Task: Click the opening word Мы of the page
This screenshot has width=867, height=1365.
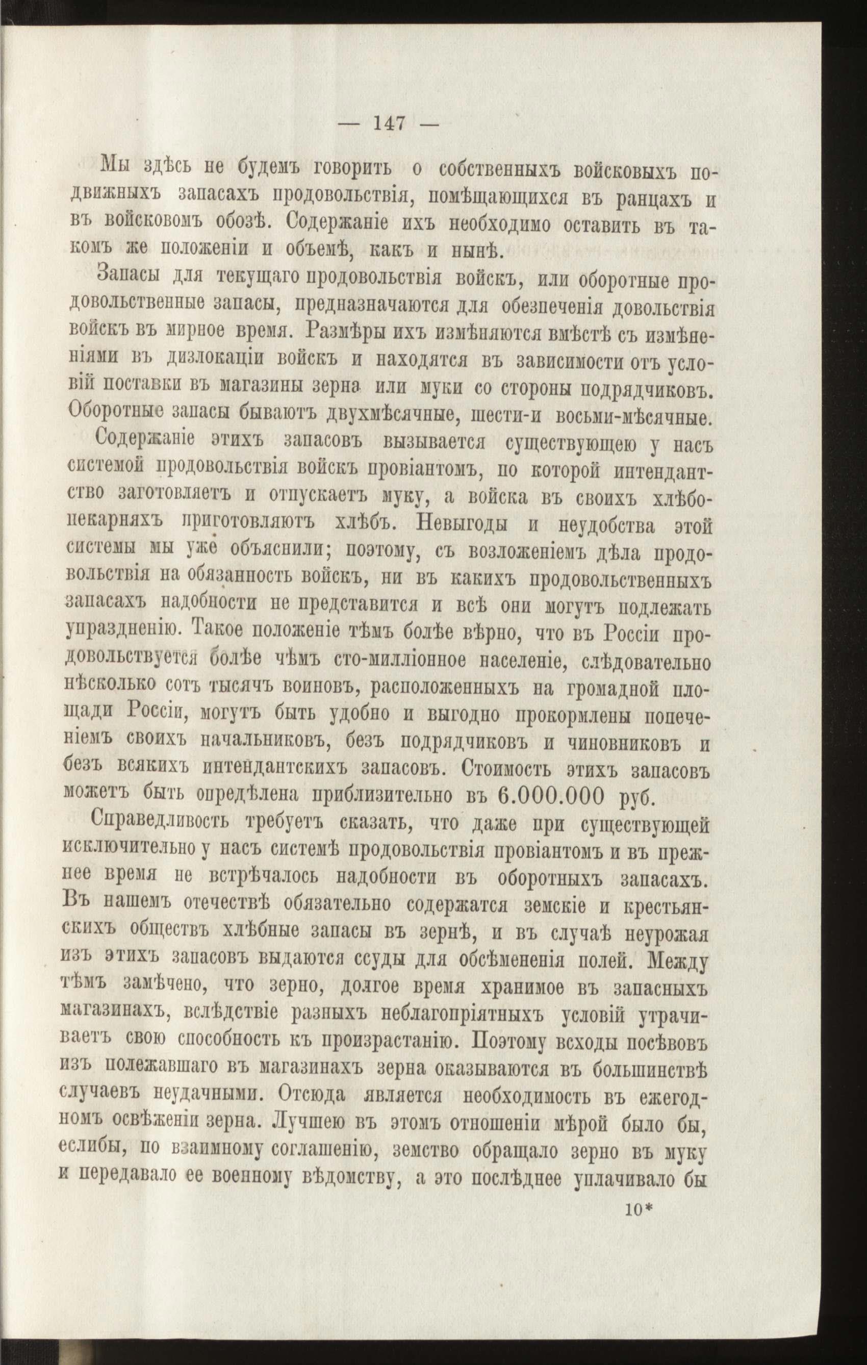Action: [113, 167]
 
